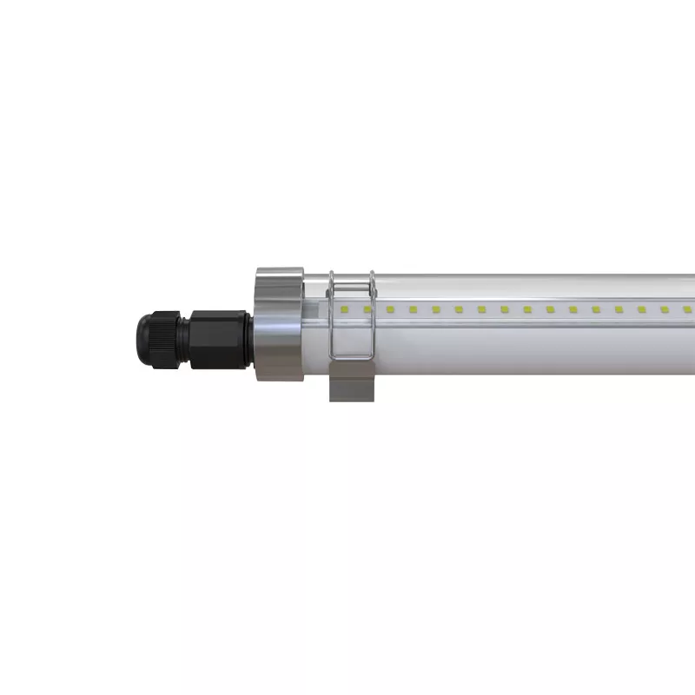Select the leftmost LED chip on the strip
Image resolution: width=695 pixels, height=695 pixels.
[346, 309]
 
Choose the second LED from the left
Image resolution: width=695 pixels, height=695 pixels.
[368, 309]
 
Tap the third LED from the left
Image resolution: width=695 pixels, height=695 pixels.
[391, 309]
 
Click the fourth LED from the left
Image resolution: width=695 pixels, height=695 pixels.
[414, 309]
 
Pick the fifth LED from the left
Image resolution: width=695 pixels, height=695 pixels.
[436, 309]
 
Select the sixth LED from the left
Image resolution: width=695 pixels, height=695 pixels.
[460, 309]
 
